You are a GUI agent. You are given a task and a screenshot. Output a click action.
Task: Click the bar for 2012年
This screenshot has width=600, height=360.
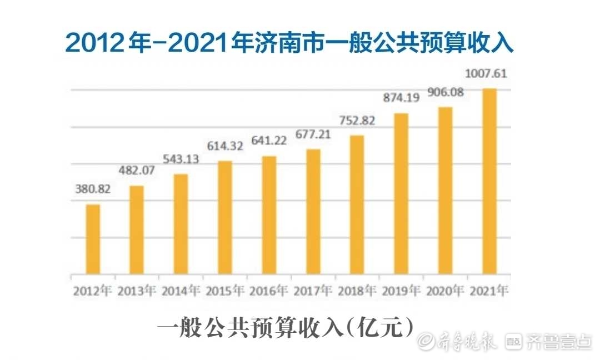tap(93, 239)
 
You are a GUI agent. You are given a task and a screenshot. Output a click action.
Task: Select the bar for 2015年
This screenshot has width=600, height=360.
tap(225, 218)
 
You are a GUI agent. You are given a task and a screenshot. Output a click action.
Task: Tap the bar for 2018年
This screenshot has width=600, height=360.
tap(357, 205)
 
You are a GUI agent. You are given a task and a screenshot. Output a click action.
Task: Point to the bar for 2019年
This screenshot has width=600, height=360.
tap(401, 194)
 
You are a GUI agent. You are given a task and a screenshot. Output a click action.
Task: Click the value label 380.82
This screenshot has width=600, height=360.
tap(93, 189)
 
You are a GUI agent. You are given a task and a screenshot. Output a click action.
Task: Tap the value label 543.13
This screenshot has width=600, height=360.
tap(181, 159)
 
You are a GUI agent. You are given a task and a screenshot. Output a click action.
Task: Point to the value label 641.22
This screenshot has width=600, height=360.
tap(269, 141)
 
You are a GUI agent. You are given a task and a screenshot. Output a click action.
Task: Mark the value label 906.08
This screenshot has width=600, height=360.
tap(446, 92)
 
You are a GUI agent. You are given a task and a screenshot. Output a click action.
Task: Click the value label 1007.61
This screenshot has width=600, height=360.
tap(489, 73)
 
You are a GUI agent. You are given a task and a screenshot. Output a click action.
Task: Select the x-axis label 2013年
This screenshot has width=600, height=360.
tap(137, 291)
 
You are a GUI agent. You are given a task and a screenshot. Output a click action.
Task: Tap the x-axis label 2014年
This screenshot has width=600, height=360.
tap(181, 291)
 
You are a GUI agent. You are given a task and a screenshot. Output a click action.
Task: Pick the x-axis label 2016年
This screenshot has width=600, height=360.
tap(269, 291)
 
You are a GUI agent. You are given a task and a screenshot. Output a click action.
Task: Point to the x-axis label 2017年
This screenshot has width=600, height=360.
tap(313, 291)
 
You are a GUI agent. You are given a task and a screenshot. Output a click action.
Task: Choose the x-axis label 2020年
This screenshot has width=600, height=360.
tap(446, 291)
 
